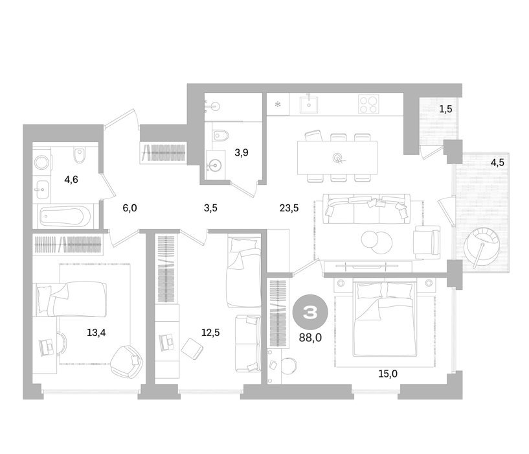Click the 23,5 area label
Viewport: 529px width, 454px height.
tap(289, 208)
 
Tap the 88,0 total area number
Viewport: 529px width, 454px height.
tap(310, 337)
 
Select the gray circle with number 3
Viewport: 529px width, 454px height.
tap(310, 313)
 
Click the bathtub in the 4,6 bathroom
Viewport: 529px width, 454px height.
tap(65, 217)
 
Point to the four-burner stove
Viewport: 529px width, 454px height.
tap(369, 103)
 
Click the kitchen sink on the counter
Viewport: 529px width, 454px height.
tap(309, 104)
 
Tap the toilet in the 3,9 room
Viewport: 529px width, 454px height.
tap(221, 136)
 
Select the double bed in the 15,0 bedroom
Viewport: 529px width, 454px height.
tap(383, 320)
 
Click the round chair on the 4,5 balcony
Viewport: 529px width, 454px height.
tap(482, 248)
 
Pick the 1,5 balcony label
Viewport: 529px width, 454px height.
tap(445, 109)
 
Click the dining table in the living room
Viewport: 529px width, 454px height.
tap(337, 158)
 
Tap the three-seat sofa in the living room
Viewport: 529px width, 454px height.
tap(366, 209)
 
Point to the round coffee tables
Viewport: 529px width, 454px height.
tap(376, 241)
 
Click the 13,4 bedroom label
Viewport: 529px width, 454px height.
tap(96, 333)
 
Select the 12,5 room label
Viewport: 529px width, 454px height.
tap(210, 333)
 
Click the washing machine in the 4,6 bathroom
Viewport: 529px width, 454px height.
tap(41, 163)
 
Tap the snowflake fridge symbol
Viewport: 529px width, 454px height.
tap(278, 104)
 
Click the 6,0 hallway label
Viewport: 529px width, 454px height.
tap(130, 208)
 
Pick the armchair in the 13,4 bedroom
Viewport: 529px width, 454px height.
tap(127, 361)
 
